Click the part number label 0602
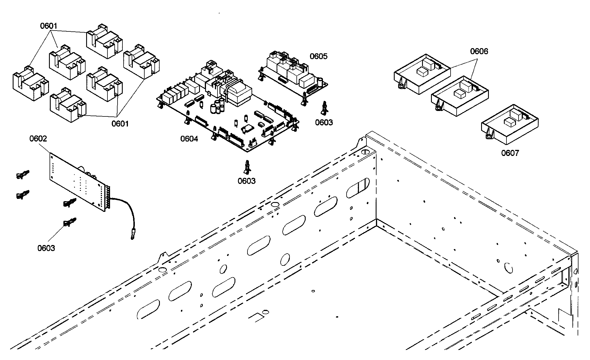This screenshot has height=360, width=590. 38,139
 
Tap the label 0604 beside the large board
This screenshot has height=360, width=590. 189,139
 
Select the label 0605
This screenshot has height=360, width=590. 318,56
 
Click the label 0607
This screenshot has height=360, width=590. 510,153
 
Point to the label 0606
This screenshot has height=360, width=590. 479,51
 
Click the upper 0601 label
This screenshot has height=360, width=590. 48,26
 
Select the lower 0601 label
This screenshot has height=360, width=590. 120,124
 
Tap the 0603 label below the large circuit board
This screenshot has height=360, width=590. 246,181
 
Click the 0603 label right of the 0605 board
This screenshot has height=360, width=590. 324,122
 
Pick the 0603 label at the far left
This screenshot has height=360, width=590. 46,248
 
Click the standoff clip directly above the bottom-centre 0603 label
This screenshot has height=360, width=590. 247,167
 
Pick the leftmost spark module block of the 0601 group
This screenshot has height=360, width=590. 30,83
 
